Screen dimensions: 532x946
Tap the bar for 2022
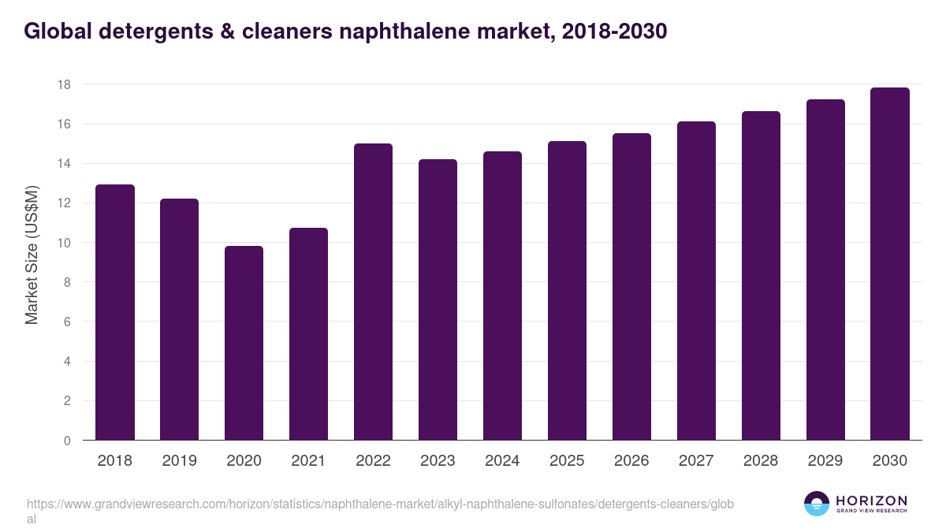coord(373,292)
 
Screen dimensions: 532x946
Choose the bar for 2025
coord(567,291)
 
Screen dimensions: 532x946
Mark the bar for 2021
coord(308,334)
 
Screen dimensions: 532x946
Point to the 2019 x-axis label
coord(180,461)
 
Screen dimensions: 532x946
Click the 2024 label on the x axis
coord(502,461)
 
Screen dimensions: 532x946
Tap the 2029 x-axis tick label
coord(825,461)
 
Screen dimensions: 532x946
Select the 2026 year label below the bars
coord(631,461)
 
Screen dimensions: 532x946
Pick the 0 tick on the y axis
coord(68,441)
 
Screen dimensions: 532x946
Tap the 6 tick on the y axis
coord(68,322)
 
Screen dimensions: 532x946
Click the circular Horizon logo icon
coord(817,504)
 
